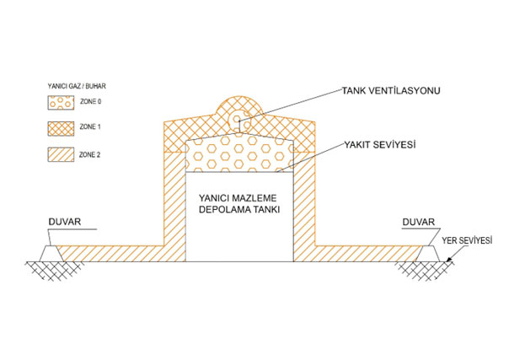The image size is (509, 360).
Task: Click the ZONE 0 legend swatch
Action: click(x=61, y=102)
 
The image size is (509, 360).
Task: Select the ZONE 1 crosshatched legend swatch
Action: click(x=61, y=128)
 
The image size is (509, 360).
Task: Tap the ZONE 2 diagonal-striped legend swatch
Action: click(x=61, y=154)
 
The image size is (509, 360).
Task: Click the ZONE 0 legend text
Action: click(x=90, y=102)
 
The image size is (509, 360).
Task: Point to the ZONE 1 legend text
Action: click(x=90, y=126)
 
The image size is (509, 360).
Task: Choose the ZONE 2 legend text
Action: click(x=90, y=155)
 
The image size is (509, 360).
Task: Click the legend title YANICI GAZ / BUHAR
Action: click(x=77, y=86)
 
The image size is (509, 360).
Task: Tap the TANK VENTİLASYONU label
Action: click(x=391, y=90)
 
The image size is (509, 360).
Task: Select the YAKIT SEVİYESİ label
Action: click(x=380, y=144)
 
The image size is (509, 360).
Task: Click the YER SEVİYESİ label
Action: click(x=467, y=240)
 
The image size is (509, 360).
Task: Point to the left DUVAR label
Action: click(x=65, y=222)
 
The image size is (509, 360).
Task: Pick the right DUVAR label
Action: click(x=419, y=222)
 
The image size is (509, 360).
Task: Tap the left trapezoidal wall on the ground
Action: click(x=51, y=253)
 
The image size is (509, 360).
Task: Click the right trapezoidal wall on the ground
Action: click(x=428, y=253)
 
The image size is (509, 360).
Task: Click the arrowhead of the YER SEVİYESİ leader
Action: click(x=449, y=260)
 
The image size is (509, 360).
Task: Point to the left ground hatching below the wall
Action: click(x=54, y=271)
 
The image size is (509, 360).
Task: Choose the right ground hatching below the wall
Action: click(x=425, y=271)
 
